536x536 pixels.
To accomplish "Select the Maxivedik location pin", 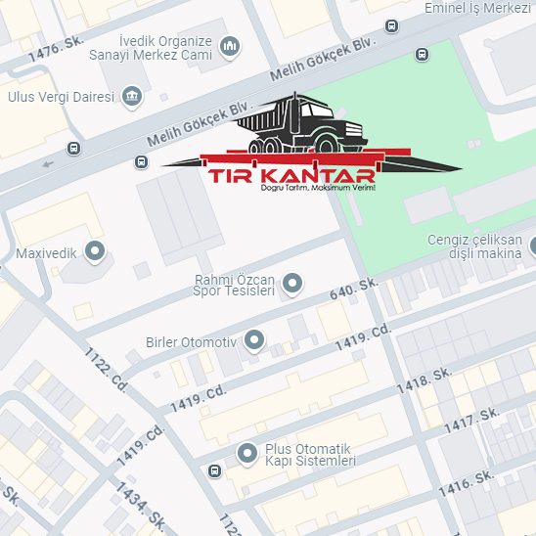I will (95, 252).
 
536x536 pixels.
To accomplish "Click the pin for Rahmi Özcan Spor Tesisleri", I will (291, 285).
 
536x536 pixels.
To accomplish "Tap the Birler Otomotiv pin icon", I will (253, 341).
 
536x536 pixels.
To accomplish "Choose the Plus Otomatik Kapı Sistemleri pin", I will (247, 453).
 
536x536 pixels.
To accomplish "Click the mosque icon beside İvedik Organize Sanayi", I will (230, 46).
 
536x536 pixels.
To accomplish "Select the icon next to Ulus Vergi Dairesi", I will (132, 96).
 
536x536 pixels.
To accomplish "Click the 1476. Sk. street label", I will (58, 49).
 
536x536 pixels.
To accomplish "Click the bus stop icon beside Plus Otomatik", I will (214, 470).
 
